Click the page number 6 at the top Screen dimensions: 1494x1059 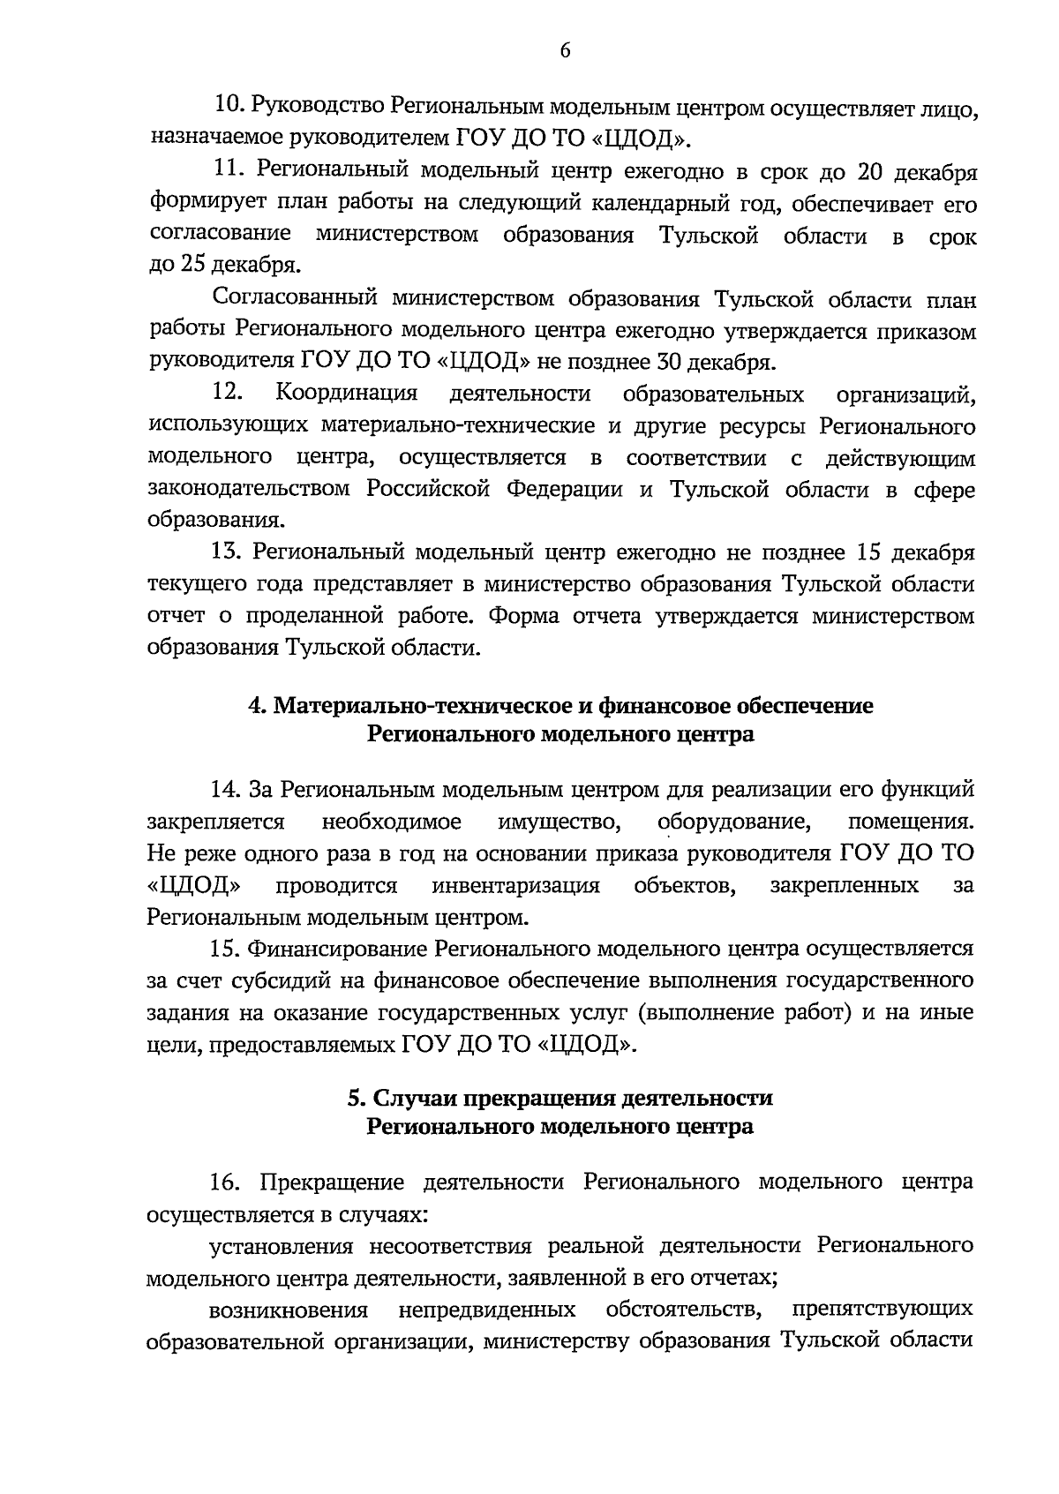point(565,51)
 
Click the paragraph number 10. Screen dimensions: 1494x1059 point(230,105)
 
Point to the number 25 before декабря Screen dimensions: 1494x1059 point(192,265)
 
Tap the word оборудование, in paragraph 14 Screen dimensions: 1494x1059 point(734,822)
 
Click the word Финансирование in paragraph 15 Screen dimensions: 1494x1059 point(338,949)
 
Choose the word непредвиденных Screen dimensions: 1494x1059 point(486,1310)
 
